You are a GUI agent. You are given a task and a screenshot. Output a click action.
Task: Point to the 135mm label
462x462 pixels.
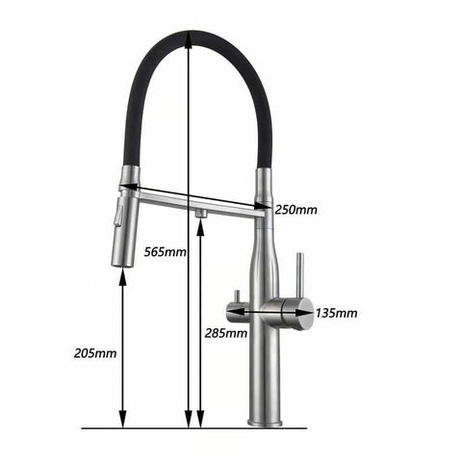[337, 313]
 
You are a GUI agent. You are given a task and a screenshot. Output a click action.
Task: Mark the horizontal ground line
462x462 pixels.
[192, 427]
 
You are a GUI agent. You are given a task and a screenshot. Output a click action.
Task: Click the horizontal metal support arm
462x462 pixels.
[192, 199]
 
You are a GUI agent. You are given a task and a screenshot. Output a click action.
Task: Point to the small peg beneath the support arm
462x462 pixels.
[199, 212]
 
